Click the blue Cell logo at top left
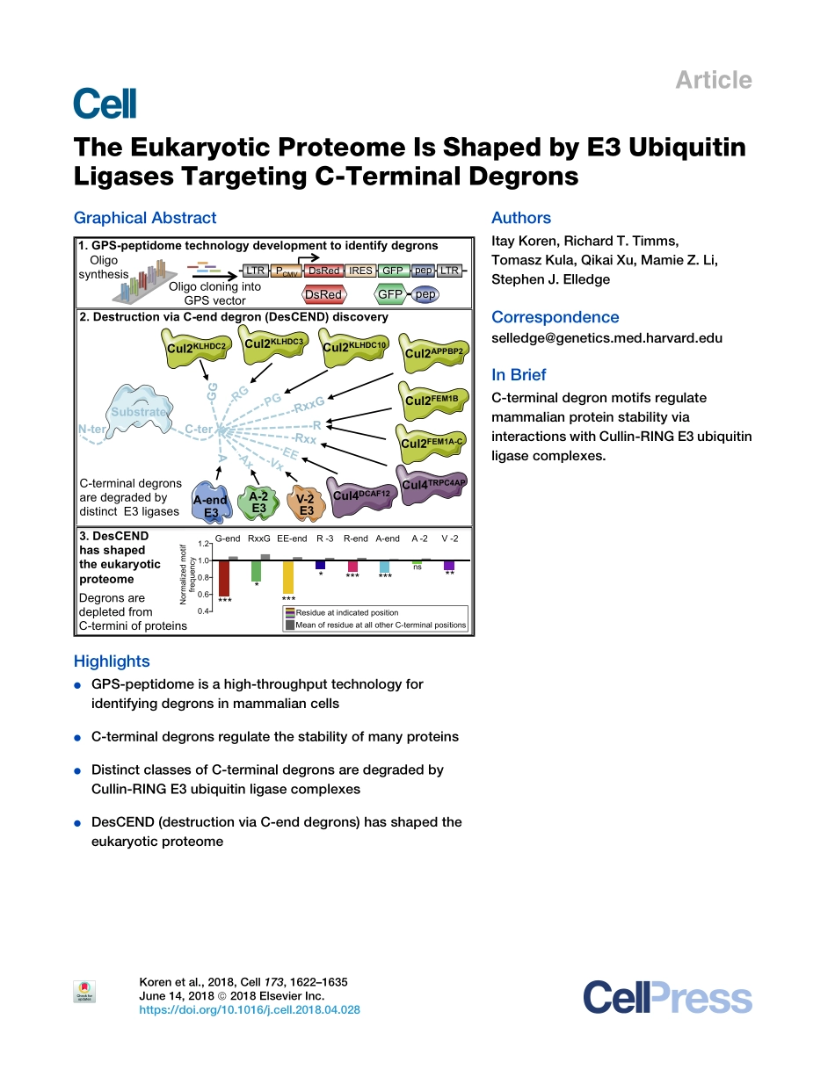[x=105, y=104]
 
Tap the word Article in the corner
[x=713, y=80]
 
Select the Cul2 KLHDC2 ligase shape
[x=196, y=347]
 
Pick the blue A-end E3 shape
[x=211, y=504]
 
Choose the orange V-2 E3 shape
[x=306, y=504]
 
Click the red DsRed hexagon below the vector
[x=323, y=295]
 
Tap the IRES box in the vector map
[x=360, y=271]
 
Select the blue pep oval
[x=425, y=295]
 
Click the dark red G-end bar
[x=224, y=578]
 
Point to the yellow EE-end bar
[x=287, y=577]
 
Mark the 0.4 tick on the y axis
[x=203, y=611]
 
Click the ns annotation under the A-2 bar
[x=417, y=567]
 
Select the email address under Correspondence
[x=606, y=338]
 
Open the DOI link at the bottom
[x=250, y=1010]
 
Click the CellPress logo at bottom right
[x=667, y=999]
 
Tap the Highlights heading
[x=112, y=661]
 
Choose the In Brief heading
[x=519, y=375]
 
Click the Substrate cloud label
[x=138, y=412]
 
